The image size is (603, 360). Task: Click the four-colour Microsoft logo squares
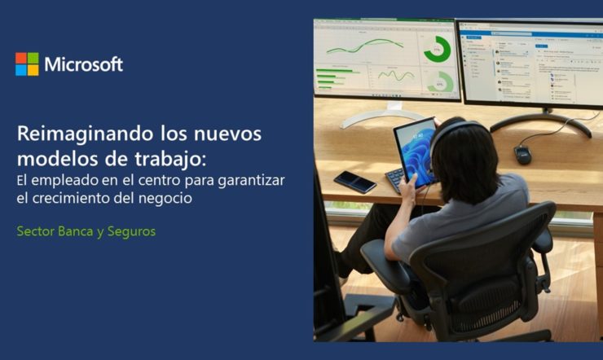pyautogui.click(x=27, y=64)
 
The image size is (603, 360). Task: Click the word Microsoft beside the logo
pyautogui.click(x=83, y=64)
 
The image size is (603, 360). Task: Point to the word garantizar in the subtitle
pyautogui.click(x=251, y=181)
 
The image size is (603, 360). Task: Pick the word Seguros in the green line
pyautogui.click(x=131, y=231)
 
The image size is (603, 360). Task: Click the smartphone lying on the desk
pyautogui.click(x=355, y=182)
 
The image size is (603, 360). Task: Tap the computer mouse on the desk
pyautogui.click(x=522, y=155)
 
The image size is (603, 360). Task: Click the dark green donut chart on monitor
pyautogui.click(x=438, y=49)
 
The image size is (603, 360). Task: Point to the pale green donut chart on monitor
pyautogui.click(x=439, y=82)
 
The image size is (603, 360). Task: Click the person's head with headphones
pyautogui.click(x=460, y=160)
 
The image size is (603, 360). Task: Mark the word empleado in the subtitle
pyautogui.click(x=64, y=181)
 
